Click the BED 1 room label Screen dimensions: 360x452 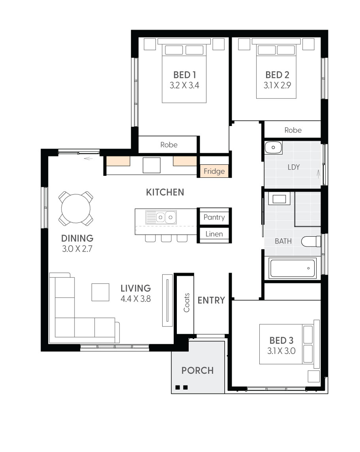click(x=185, y=75)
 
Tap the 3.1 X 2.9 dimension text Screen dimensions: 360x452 click(x=277, y=85)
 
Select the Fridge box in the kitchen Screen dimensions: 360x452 click(x=214, y=171)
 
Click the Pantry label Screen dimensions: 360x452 click(x=214, y=217)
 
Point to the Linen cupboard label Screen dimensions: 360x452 click(x=214, y=234)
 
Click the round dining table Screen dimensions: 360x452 click(x=76, y=208)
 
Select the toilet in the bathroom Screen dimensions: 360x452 click(x=311, y=241)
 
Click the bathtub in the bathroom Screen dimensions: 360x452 click(x=292, y=268)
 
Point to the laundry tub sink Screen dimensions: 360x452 click(x=273, y=148)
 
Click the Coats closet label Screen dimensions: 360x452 click(x=187, y=303)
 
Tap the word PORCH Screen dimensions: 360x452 click(x=198, y=371)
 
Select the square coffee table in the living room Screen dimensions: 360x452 click(x=101, y=292)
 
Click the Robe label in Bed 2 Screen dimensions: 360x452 click(x=293, y=130)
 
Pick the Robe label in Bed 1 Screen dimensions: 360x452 click(x=169, y=145)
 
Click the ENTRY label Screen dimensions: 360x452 click(x=211, y=300)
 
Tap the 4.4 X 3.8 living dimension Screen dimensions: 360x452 click(x=136, y=299)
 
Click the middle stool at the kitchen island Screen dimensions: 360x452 click(x=166, y=238)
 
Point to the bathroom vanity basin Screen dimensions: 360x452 click(x=279, y=199)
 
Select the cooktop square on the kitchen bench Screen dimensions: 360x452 click(x=152, y=165)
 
